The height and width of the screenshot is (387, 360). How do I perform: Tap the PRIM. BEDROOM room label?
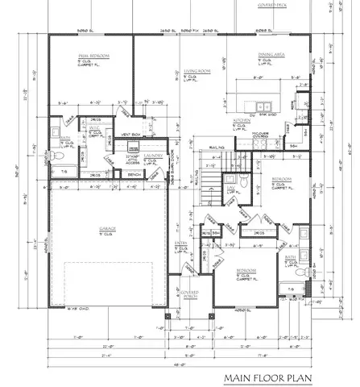(x=95, y=56)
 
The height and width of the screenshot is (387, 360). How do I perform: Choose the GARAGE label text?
(x=108, y=228)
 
